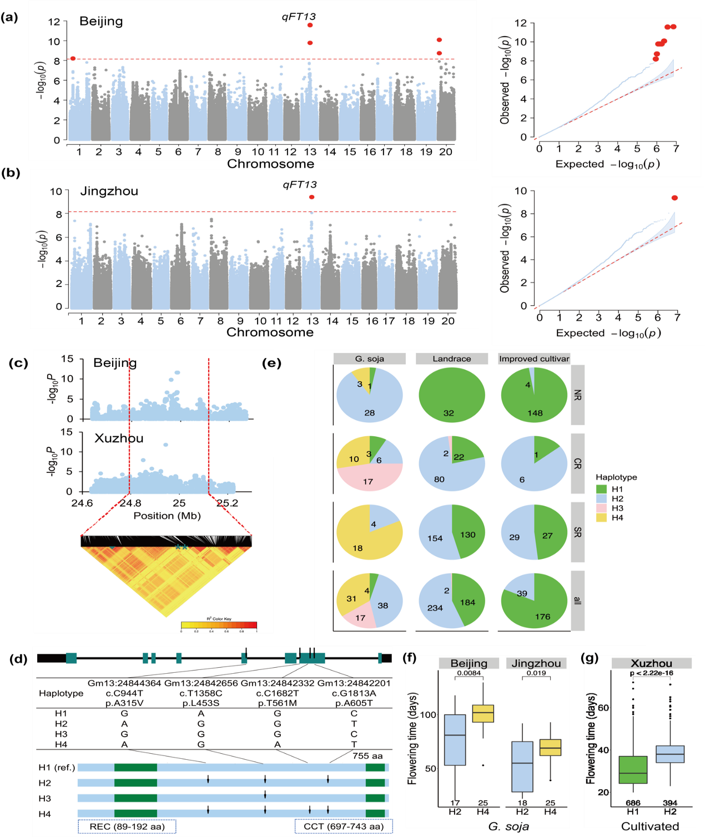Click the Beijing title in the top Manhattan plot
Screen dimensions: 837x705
101,21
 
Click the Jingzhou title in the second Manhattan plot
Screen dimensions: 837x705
109,191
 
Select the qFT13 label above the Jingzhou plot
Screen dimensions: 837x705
300,184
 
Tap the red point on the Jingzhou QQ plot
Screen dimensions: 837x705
674,198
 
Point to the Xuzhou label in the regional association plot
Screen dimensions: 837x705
119,438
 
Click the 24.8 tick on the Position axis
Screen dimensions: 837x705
130,503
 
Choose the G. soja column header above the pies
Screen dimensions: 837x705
370,359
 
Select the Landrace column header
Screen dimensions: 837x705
452,359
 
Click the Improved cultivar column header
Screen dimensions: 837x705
534,359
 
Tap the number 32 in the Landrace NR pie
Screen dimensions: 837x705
449,413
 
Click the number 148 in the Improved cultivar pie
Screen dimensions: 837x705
535,413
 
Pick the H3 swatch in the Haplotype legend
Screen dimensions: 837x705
601,508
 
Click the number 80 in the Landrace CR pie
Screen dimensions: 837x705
439,479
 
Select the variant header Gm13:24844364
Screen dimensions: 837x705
124,683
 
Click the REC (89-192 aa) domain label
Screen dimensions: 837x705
127,826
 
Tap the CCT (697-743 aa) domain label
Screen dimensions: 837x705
344,826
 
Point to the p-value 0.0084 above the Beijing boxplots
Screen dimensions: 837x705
469,673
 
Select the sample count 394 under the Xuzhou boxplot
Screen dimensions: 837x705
670,803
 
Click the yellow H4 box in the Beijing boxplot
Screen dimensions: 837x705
483,713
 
